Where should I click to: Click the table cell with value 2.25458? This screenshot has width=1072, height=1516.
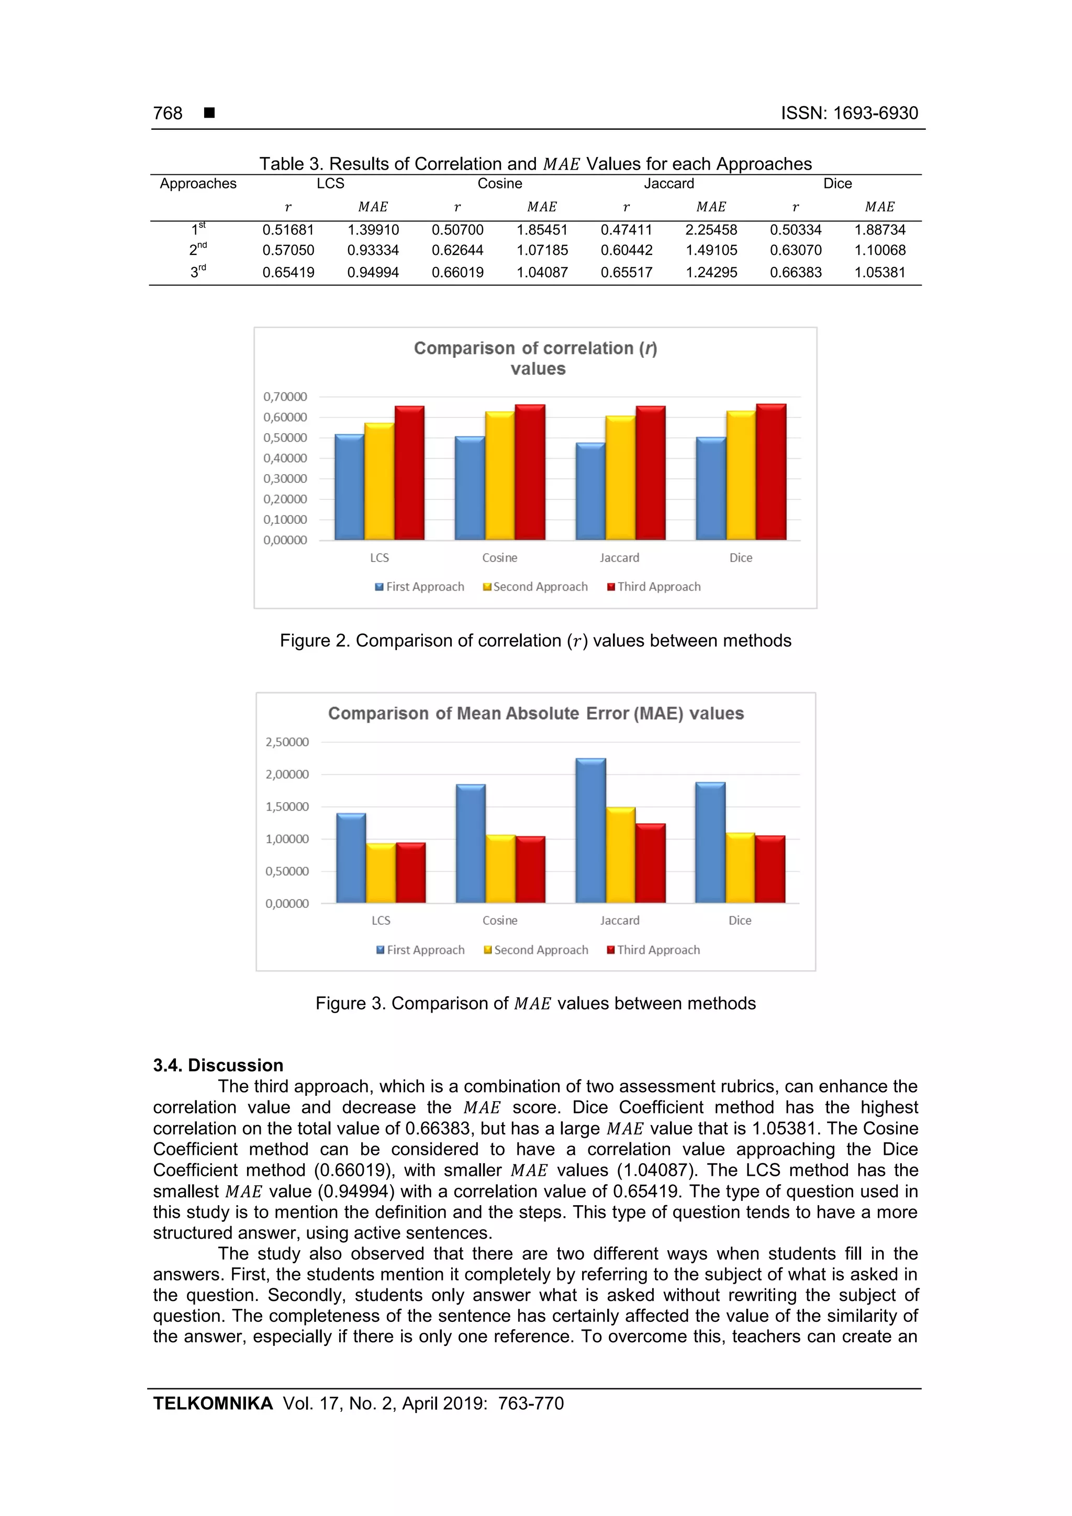pos(711,230)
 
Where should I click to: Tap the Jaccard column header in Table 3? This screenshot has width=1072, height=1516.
pos(668,184)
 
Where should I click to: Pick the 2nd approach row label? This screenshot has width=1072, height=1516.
pos(197,250)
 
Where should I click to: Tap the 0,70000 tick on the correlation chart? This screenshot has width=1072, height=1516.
pos(285,397)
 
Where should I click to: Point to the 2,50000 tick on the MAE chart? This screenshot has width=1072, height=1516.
pos(287,742)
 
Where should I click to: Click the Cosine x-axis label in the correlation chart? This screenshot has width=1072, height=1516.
pos(499,558)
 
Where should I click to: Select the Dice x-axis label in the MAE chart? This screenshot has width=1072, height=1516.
pos(740,920)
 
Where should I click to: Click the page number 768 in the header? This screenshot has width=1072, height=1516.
pos(168,114)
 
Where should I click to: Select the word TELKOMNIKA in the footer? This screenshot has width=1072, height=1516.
pos(213,1404)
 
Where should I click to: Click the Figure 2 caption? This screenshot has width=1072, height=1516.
pos(535,641)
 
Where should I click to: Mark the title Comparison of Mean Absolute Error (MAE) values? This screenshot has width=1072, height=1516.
pos(535,714)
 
